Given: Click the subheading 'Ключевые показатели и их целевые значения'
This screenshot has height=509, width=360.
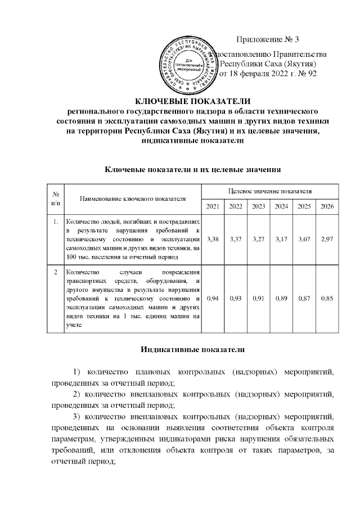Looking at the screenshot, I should click(x=193, y=168).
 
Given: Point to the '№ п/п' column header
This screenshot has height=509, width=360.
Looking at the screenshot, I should click(x=55, y=199).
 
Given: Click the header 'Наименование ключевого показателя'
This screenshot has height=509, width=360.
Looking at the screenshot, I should click(x=132, y=199).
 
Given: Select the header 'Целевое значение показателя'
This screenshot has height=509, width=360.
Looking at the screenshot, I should click(x=270, y=192).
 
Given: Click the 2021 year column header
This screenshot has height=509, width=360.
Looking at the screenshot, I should click(x=213, y=206).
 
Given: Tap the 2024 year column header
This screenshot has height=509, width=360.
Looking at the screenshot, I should click(x=281, y=206).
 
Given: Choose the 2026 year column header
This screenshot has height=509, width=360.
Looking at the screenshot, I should click(x=327, y=206).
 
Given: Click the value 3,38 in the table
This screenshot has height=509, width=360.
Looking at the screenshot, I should click(x=213, y=240).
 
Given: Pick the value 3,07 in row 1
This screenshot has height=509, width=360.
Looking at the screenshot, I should click(x=304, y=240).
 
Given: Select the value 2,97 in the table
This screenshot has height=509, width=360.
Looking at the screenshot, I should click(x=327, y=240).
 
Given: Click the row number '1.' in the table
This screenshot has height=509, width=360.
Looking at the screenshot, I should click(x=55, y=221).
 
